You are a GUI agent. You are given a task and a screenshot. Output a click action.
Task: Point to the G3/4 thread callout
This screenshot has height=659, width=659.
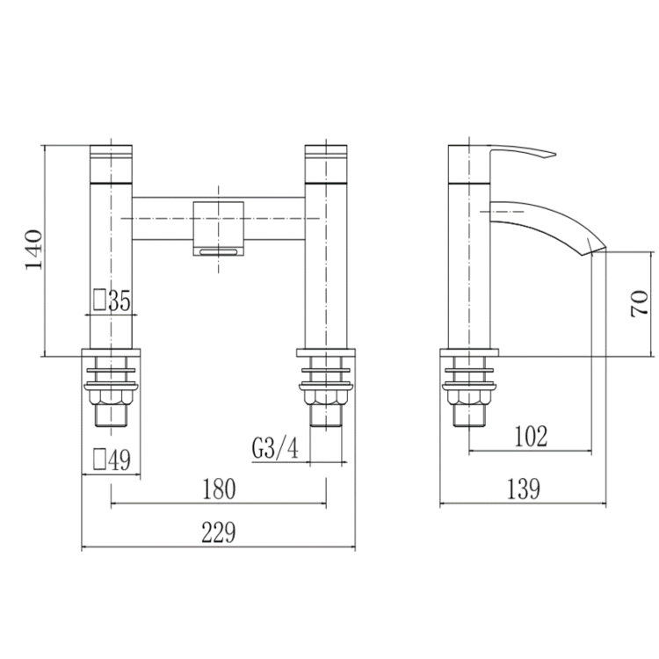(275, 449)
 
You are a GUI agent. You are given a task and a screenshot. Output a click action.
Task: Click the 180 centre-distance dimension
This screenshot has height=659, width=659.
(218, 489)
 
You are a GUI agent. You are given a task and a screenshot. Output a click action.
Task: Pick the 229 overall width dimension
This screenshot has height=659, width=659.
(218, 532)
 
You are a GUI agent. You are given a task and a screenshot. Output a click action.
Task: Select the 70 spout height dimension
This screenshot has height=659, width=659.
(641, 302)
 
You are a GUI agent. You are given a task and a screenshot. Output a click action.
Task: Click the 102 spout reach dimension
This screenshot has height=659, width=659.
(532, 436)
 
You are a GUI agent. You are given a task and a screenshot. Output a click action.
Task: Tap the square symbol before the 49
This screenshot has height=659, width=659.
(99, 460)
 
